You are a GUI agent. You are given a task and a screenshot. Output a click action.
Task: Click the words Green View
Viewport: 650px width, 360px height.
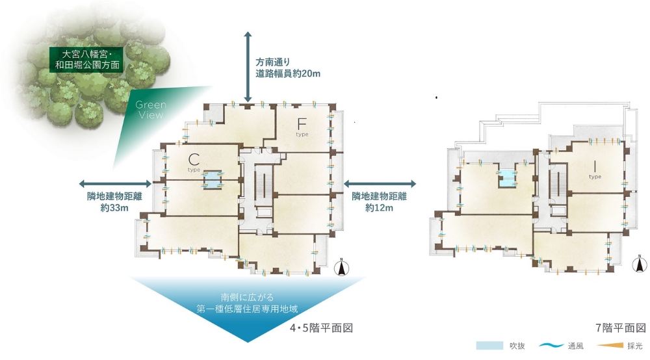[151, 110]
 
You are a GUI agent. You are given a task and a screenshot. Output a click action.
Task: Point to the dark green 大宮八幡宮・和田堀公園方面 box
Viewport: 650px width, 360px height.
[86, 58]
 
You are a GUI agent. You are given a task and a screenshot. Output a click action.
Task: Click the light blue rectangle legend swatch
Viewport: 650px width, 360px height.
[489, 346]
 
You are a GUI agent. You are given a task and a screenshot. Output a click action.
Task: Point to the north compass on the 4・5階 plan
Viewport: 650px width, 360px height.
[343, 268]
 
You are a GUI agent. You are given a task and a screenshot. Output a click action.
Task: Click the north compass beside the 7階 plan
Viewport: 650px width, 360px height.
[640, 263]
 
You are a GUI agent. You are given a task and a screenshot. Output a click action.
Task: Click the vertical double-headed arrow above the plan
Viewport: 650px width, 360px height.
[248, 66]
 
